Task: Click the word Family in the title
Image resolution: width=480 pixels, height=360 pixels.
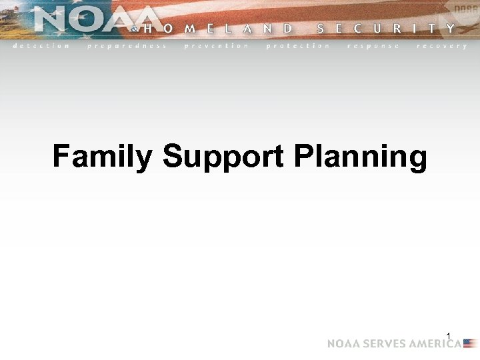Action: [x=103, y=158]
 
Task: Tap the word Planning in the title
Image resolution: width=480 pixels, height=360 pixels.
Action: [x=360, y=158]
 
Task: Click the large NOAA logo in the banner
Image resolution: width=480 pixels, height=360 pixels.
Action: [x=93, y=20]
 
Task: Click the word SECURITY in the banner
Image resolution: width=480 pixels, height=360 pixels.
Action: [x=386, y=29]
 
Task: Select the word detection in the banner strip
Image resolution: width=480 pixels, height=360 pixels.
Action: [x=41, y=46]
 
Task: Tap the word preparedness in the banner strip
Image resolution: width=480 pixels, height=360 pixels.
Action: [x=127, y=46]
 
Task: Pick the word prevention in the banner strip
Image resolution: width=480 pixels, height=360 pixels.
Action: [x=216, y=46]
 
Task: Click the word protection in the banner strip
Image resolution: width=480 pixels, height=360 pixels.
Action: [x=297, y=46]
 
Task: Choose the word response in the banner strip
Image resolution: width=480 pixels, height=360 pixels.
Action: [x=373, y=46]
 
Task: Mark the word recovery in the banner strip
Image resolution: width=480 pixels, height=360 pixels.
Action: [x=441, y=46]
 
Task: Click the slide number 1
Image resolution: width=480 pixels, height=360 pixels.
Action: [x=449, y=335]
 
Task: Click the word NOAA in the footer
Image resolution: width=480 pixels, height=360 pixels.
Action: [x=341, y=344]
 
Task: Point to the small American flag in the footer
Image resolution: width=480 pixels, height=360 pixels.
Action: [x=470, y=344]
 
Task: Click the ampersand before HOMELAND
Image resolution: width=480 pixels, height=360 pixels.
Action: [x=135, y=29]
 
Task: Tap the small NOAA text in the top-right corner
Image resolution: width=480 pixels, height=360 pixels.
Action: [x=465, y=7]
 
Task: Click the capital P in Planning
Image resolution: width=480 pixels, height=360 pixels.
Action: [x=302, y=157]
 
